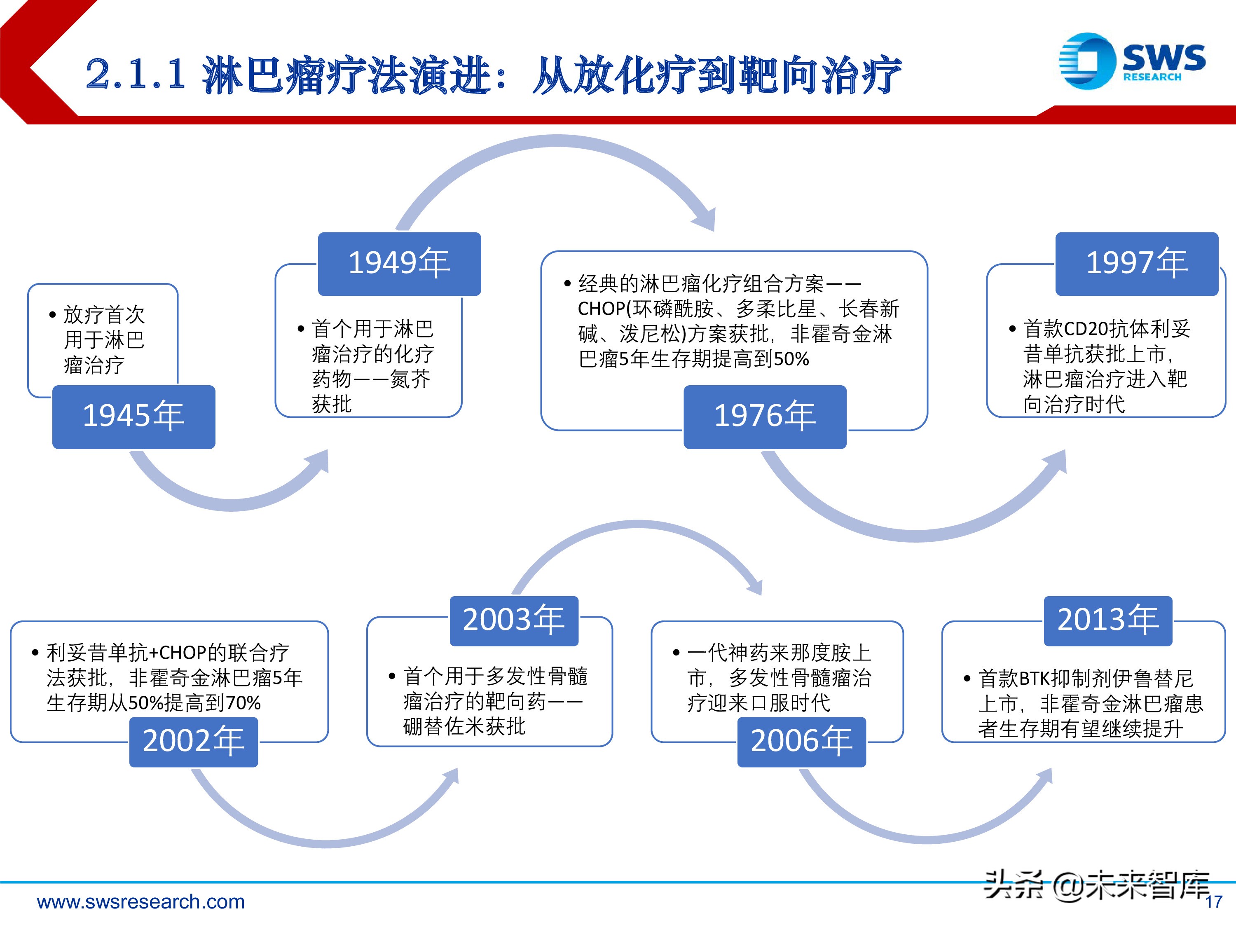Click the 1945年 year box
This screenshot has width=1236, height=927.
coord(133,417)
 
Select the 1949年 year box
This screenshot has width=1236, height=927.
coord(399,264)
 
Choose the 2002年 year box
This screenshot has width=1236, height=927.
coord(193,742)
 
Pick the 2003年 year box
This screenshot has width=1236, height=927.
coord(513,621)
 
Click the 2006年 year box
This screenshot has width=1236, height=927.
coord(801,742)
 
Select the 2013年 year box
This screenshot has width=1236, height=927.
coord(1107,621)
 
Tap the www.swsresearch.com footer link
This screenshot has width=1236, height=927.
coord(141,901)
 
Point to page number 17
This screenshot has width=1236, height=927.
coord(1214,902)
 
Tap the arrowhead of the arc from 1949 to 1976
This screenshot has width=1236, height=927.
coord(706,219)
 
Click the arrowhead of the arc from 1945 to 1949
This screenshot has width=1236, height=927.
coord(319,462)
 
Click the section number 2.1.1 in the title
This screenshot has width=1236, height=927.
coord(136,74)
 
